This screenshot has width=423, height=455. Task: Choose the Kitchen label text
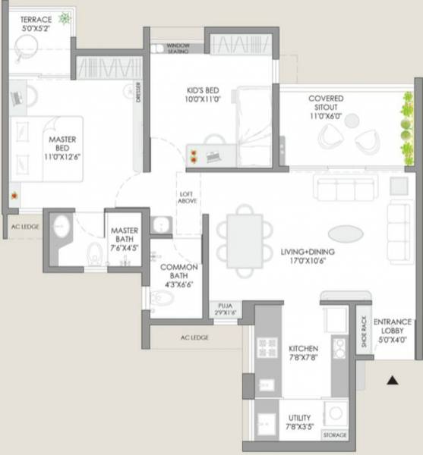304,354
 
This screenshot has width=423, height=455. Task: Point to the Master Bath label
122,237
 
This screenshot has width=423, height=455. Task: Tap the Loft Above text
188,197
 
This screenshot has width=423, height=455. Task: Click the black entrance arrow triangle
393,380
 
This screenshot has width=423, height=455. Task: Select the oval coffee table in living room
346,234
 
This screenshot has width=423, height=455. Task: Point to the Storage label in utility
334,436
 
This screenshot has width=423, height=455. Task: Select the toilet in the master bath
95,253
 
